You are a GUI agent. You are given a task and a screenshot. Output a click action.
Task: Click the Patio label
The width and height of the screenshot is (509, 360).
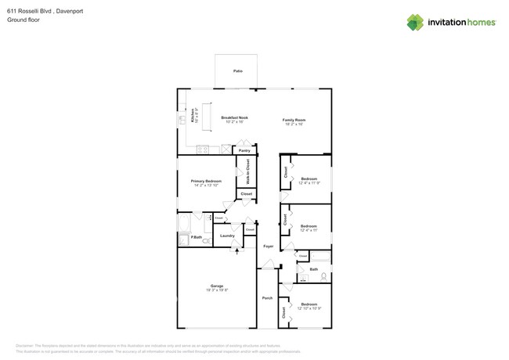pos(237,71)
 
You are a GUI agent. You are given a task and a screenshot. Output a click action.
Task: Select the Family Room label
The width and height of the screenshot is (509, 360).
pos(294,119)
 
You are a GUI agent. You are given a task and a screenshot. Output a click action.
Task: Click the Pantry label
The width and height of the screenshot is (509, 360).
pos(244,149)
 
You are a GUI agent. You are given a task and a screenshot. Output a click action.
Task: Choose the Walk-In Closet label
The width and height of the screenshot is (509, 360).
pos(247,170)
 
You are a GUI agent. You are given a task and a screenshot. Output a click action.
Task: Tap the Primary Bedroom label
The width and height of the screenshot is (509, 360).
pos(207,181)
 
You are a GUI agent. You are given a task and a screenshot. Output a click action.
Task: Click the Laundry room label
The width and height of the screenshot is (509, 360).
pos(227,235)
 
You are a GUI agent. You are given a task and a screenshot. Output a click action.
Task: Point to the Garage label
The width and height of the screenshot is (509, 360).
pos(216,286)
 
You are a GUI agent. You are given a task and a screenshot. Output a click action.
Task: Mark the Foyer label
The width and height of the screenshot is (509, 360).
pos(268,246)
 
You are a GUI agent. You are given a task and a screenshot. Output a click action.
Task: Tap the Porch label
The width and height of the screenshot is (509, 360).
pos(266,298)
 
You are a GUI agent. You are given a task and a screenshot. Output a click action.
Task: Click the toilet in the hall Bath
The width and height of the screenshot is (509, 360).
pos(323,277)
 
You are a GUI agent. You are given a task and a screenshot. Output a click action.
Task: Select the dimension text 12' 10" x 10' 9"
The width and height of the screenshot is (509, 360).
pos(309,308)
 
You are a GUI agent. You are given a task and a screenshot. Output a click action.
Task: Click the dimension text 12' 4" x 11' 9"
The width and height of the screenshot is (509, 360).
pos(309,183)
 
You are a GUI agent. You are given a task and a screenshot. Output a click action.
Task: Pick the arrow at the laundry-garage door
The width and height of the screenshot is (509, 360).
pos(236,249)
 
